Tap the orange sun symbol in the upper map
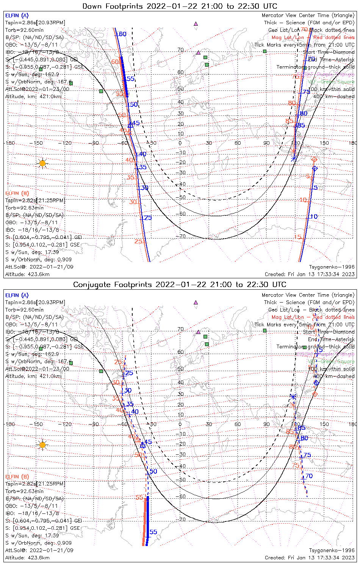pos(42,164)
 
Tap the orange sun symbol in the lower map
pos(42,445)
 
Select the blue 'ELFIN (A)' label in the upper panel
pos(17,16)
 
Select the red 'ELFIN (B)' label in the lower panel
pos(17,476)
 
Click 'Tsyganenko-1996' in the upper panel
pos(332,267)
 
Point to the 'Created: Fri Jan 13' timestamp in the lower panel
pos(310,558)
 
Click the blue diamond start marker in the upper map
pos(315,168)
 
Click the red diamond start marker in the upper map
pos(314,159)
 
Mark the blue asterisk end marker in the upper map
pos(294,158)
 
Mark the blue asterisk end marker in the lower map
pos(293,396)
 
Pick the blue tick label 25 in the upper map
pos(148,218)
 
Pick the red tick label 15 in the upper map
pos(297,237)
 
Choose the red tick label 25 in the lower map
pos(118,362)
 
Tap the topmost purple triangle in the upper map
pos(196,23)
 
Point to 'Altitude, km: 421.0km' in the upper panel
pos(33,97)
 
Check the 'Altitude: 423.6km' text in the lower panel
pos(27,558)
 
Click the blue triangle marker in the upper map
pos(130,124)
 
